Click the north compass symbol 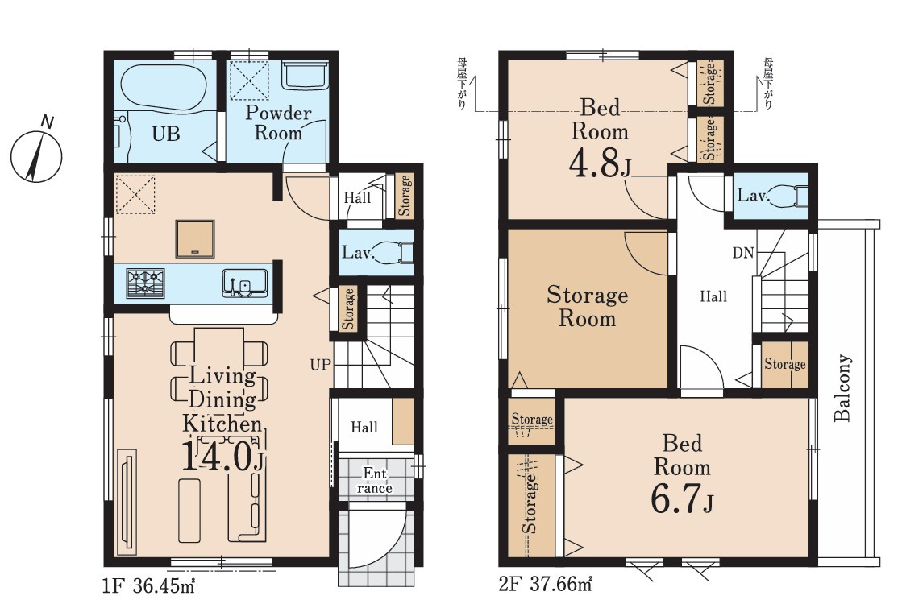tap(36, 154)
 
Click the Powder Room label tap(278, 122)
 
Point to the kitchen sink tap(244, 283)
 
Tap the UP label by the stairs tap(321, 364)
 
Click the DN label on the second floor tap(743, 253)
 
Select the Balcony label tap(842, 388)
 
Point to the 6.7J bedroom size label tap(682, 499)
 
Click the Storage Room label tap(588, 306)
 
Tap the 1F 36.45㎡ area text tap(150, 585)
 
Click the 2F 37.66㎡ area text tap(547, 585)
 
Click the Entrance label tap(375, 481)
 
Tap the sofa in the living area tap(248, 489)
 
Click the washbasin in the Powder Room tap(305, 75)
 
